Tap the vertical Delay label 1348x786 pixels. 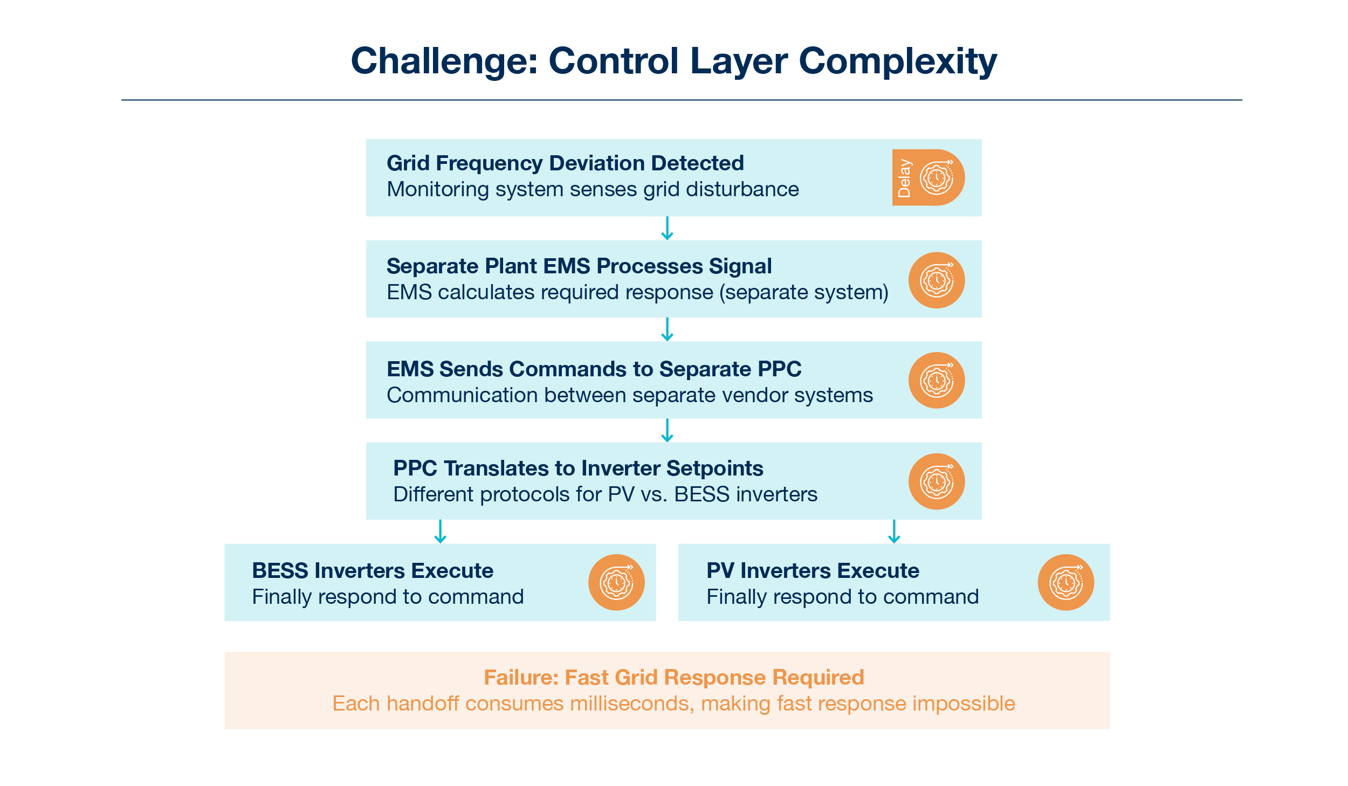(x=904, y=178)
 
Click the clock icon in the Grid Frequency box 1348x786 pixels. (x=937, y=178)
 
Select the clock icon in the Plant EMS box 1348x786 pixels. (x=937, y=280)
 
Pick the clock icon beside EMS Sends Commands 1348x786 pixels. (x=937, y=381)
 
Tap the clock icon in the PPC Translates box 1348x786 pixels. (x=937, y=481)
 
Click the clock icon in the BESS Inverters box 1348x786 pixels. (x=616, y=583)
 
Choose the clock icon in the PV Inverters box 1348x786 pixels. (x=1066, y=583)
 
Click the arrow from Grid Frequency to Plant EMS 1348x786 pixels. (x=667, y=229)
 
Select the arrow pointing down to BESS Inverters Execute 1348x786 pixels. (x=441, y=532)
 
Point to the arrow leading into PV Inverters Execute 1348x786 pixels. (x=894, y=532)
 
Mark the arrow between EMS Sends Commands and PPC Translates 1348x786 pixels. (x=667, y=431)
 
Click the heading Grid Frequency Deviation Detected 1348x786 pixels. (x=565, y=163)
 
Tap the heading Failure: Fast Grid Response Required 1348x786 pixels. (x=673, y=677)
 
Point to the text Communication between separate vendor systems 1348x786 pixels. (x=629, y=395)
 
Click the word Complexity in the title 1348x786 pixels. (x=898, y=61)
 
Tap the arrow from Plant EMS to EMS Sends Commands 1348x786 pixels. (x=667, y=329)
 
